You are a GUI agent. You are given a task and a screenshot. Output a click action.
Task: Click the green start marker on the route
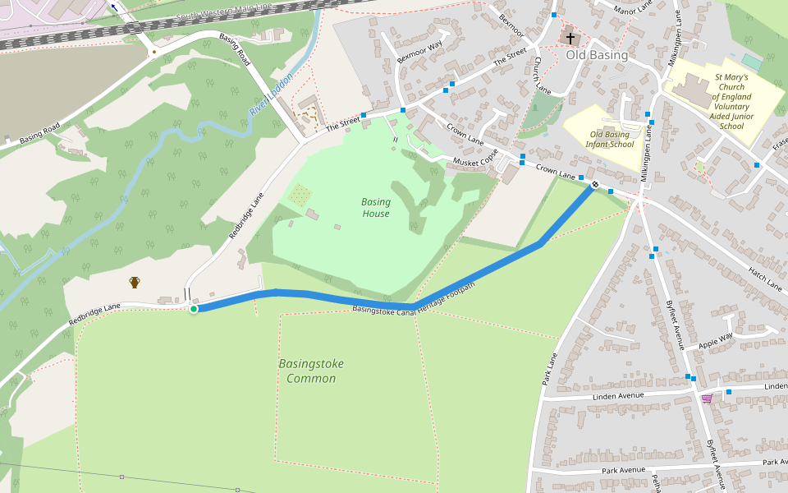click(194, 309)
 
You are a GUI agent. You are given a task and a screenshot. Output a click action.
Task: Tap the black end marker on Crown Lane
click(594, 185)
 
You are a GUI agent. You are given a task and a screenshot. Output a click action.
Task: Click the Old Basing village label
click(597, 55)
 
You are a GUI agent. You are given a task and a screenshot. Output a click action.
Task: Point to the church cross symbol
click(570, 39)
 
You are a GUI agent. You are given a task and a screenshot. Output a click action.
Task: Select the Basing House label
click(376, 208)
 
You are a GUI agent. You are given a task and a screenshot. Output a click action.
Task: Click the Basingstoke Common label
click(311, 371)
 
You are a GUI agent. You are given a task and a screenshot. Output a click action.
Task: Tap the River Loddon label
click(271, 94)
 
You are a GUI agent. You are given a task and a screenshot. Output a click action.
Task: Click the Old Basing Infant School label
click(612, 139)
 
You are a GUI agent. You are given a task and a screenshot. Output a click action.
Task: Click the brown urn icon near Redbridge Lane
click(135, 283)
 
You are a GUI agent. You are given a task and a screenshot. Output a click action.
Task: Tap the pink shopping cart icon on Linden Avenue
click(707, 399)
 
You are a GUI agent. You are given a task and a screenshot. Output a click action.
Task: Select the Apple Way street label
click(714, 341)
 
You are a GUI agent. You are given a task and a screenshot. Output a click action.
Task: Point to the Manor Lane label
click(634, 9)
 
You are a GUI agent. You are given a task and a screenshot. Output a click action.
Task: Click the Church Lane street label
click(542, 74)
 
